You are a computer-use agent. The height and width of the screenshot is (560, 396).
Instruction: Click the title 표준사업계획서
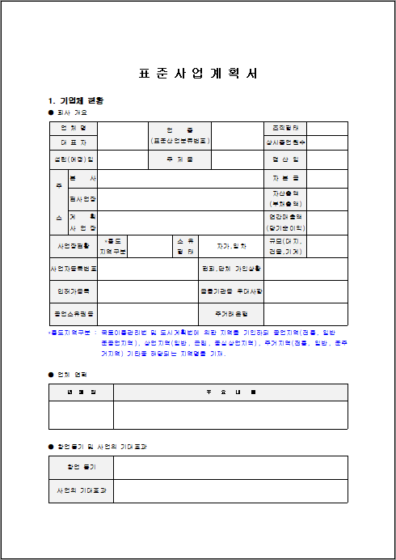pos(198,73)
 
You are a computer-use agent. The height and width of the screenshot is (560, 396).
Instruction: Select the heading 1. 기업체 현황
pos(76,100)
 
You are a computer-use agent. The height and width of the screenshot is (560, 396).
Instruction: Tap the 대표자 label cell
pos(73,142)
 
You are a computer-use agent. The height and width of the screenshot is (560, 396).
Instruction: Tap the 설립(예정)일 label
pos(73,159)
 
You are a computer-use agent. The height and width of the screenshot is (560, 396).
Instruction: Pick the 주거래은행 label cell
pos(231,312)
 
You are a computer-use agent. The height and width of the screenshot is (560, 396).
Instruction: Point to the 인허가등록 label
pos(73,290)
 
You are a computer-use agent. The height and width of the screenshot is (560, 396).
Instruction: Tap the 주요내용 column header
pos(230,392)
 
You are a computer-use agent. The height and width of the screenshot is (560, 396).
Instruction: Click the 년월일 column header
pos(81,392)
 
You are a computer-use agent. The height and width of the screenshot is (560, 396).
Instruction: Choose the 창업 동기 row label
pos(81,468)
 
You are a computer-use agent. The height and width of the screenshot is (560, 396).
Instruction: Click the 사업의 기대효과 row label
pos(81,491)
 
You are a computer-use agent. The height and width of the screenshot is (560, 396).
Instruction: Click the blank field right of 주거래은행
pos(305,312)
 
